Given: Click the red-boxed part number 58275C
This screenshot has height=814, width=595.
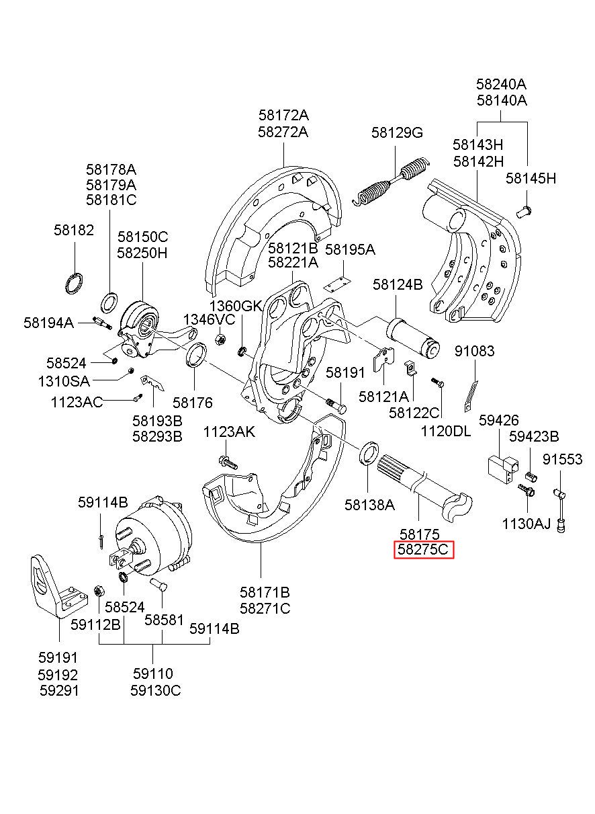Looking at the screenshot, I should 424,551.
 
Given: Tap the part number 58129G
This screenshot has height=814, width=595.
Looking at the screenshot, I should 397,133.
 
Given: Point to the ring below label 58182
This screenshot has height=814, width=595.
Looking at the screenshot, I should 75,283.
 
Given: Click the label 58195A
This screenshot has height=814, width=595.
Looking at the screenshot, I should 350,249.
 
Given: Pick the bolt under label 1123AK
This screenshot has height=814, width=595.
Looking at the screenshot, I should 226,462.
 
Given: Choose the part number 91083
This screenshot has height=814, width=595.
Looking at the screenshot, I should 474,351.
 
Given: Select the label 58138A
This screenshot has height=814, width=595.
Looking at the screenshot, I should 369,503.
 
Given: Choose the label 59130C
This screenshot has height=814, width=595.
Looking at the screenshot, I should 156,690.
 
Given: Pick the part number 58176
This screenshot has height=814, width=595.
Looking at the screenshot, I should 192,403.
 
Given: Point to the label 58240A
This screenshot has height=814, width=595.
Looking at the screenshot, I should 501,85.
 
